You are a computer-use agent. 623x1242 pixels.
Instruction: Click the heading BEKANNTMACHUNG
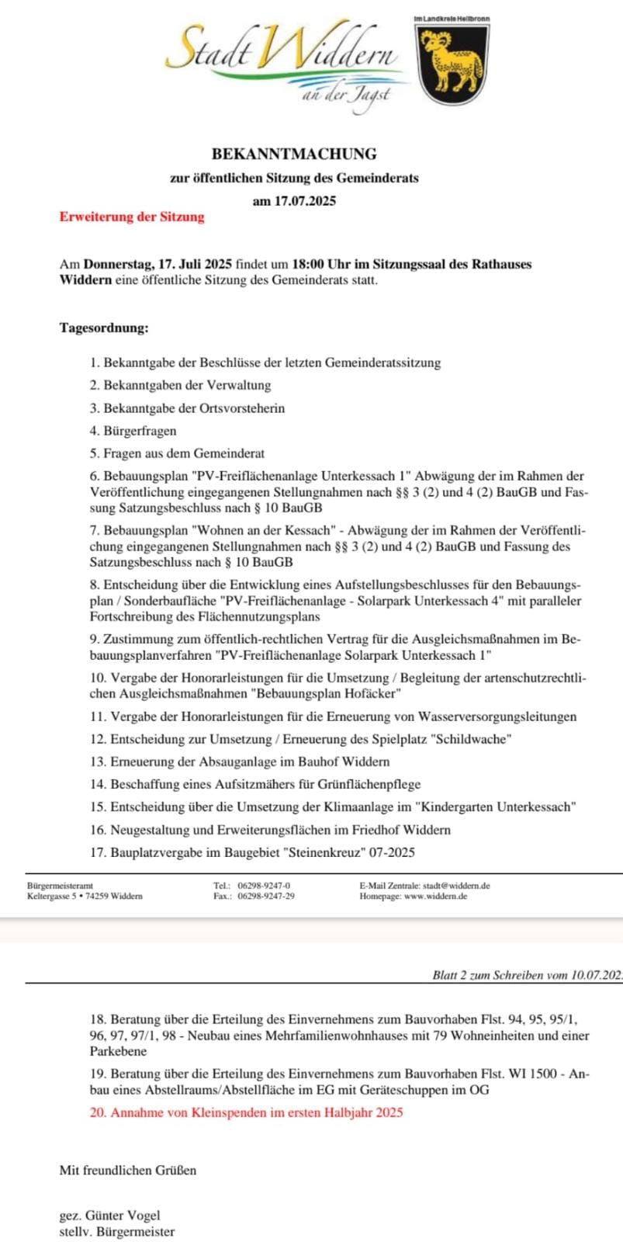[294, 154]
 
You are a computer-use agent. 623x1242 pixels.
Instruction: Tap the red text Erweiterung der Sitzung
[132, 217]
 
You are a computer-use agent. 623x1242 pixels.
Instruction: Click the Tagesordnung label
[104, 328]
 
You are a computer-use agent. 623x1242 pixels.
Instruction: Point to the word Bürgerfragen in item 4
[140, 431]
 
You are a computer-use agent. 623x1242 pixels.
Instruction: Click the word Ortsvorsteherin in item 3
[240, 408]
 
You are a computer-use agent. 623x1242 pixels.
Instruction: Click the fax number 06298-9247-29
[265, 897]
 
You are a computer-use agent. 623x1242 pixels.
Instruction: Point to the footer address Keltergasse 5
[55, 897]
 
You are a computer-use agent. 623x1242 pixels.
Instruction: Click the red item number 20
[98, 1112]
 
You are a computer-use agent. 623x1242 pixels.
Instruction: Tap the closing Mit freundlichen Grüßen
[128, 1170]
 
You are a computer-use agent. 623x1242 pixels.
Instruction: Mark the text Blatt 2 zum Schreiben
[481, 975]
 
